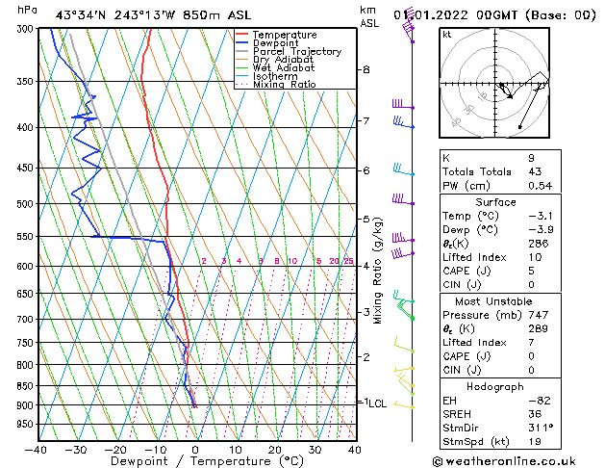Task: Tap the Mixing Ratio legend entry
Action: [x=284, y=85]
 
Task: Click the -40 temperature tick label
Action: [x=38, y=449]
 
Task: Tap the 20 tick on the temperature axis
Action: [x=275, y=449]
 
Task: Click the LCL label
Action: [x=377, y=403]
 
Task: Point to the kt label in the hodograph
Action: [x=446, y=34]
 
